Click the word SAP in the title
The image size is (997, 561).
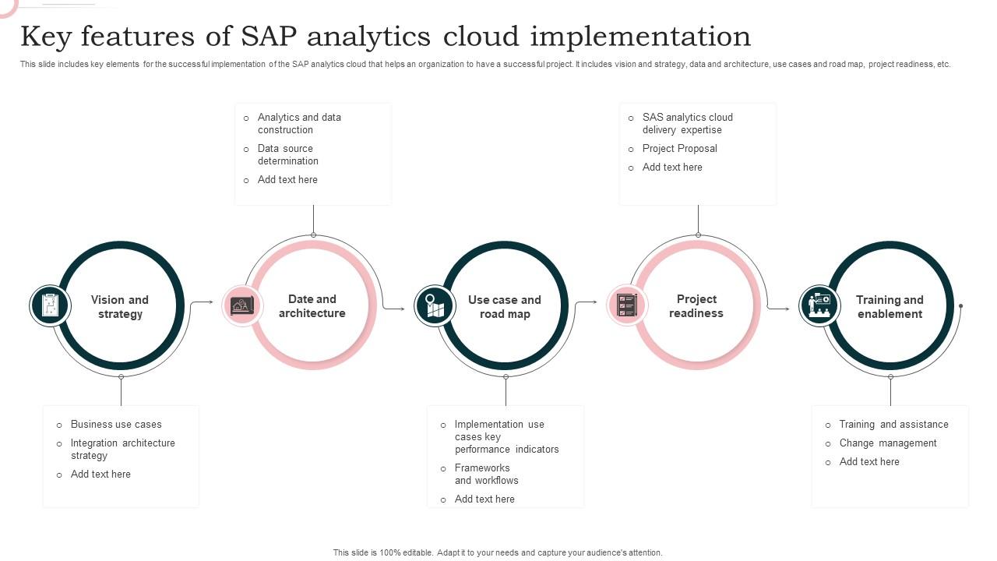pyautogui.click(x=270, y=37)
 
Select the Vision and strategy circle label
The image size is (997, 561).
pyautogui.click(x=119, y=307)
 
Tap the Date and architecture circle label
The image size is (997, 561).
pyautogui.click(x=312, y=306)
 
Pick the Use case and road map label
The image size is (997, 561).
pyautogui.click(x=504, y=307)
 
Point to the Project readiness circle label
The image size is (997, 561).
pyautogui.click(x=696, y=306)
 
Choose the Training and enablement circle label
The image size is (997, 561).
pyautogui.click(x=889, y=307)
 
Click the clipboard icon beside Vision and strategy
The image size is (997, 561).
pyautogui.click(x=50, y=305)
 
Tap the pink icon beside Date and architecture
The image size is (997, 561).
pyautogui.click(x=242, y=305)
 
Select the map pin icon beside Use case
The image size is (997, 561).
pyautogui.click(x=435, y=305)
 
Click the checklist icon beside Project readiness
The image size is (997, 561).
pyautogui.click(x=626, y=305)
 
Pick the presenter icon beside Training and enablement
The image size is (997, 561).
pyautogui.click(x=819, y=305)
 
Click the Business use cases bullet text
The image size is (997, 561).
pyautogui.click(x=116, y=425)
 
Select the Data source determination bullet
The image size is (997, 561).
pyautogui.click(x=287, y=155)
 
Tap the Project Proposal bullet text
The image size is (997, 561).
pyautogui.click(x=679, y=149)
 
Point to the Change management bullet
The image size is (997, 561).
pyautogui.click(x=887, y=443)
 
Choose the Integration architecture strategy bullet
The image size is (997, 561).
pyautogui.click(x=122, y=450)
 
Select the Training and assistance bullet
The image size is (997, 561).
pyautogui.click(x=893, y=425)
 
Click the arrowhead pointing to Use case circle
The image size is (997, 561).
pyautogui.click(x=402, y=309)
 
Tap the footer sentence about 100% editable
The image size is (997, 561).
pyautogui.click(x=498, y=552)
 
